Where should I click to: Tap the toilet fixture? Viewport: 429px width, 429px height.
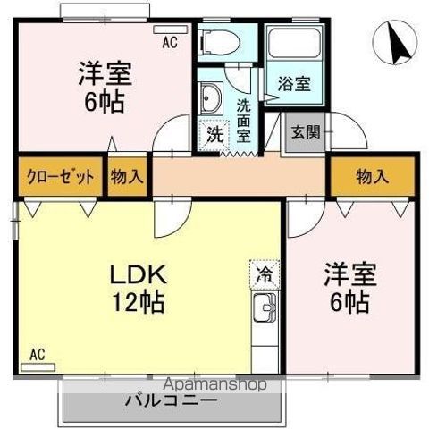[x=217, y=40]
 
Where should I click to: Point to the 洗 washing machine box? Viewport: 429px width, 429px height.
[x=214, y=134]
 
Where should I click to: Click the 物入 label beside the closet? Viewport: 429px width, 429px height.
[x=127, y=176]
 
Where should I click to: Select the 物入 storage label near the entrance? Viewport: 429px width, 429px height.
[x=372, y=176]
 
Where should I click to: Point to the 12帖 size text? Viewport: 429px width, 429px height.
[x=137, y=301]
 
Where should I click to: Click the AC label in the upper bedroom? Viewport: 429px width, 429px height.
[x=170, y=41]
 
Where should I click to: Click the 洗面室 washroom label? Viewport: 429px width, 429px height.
[x=244, y=119]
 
